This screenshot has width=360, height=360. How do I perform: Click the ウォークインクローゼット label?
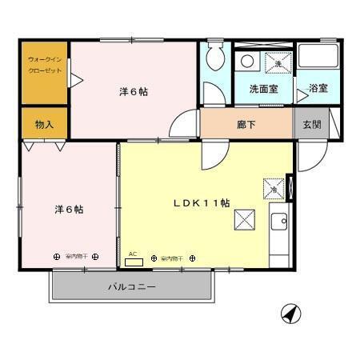44,64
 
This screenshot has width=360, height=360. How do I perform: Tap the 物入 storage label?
44,124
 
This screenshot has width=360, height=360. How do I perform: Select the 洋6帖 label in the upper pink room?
133,91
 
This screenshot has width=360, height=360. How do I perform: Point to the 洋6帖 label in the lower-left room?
70,209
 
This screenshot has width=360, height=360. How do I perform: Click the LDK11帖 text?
202,203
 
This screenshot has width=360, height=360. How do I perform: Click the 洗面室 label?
263,89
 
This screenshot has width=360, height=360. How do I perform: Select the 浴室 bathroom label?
318,88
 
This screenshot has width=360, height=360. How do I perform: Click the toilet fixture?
214,58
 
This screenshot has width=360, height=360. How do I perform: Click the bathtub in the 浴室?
318,58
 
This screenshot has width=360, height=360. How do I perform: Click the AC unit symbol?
134,260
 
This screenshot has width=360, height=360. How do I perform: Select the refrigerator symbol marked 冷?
274,190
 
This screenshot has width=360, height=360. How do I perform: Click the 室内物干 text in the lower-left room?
76,257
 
